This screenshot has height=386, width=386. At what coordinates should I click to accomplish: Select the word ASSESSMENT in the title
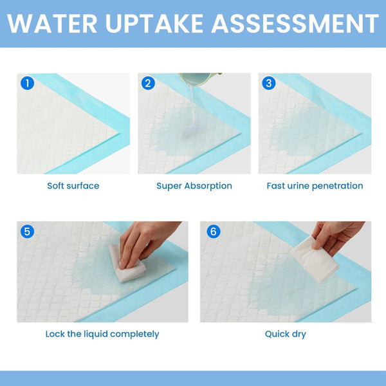pyautogui.click(x=295, y=24)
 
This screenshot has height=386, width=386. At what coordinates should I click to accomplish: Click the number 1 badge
pyautogui.click(x=27, y=83)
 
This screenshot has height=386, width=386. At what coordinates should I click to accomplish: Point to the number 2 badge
pyautogui.click(x=148, y=83)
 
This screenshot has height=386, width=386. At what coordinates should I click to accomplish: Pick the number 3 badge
pyautogui.click(x=269, y=83)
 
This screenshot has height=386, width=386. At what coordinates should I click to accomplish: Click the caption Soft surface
pyautogui.click(x=73, y=186)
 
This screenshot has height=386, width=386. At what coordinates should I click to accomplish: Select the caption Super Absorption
pyautogui.click(x=194, y=186)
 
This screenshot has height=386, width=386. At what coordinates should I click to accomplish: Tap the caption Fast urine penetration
pyautogui.click(x=315, y=186)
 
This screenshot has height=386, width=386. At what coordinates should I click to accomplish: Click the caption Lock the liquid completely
pyautogui.click(x=102, y=334)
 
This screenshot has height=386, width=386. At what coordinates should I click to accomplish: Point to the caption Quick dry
pyautogui.click(x=286, y=334)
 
